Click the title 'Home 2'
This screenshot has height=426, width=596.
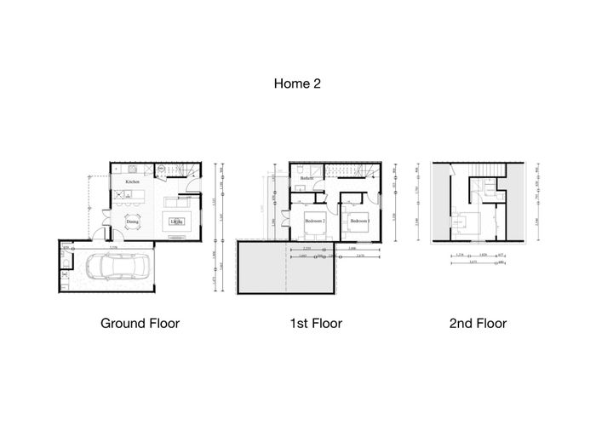click(x=297, y=83)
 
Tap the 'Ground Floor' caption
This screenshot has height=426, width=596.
click(x=140, y=324)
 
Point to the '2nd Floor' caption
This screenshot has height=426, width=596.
click(x=479, y=324)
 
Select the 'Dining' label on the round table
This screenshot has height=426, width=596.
click(x=132, y=223)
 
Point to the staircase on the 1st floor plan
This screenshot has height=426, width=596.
click(x=347, y=174)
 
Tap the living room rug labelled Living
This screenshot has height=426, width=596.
click(x=176, y=222)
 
